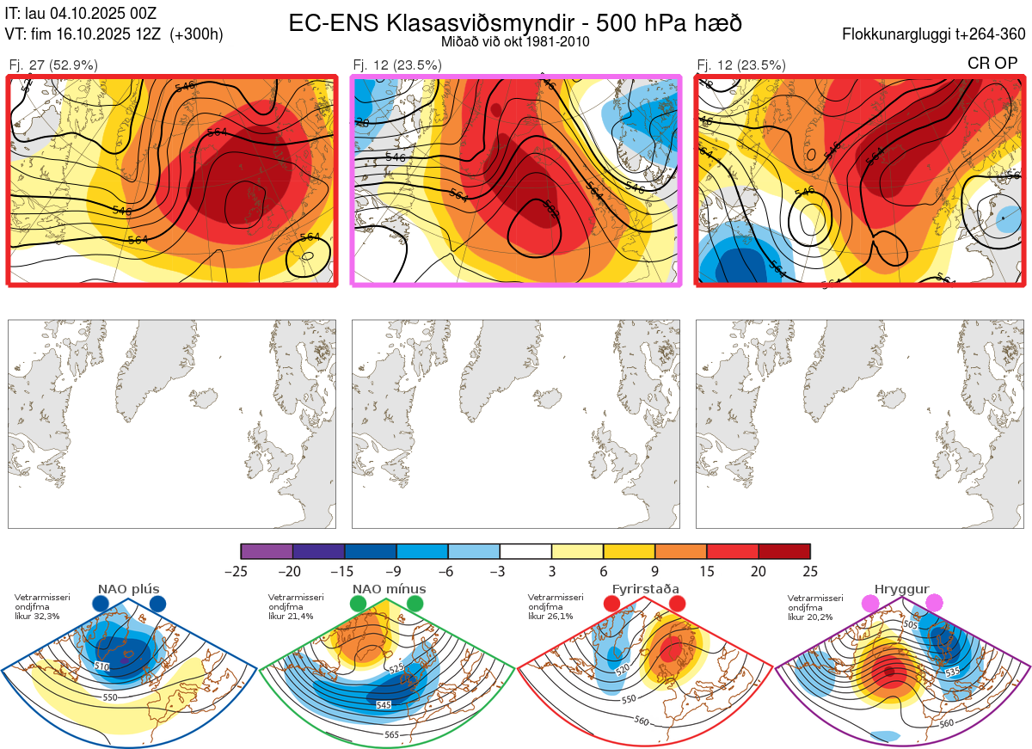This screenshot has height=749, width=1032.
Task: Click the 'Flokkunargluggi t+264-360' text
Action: (x=937, y=34)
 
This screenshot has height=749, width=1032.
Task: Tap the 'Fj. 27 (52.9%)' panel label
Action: (x=53, y=64)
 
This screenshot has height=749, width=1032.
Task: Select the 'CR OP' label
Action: (x=992, y=64)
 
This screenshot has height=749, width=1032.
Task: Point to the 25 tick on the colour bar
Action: (x=809, y=570)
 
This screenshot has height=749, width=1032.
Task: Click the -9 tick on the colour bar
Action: (x=396, y=570)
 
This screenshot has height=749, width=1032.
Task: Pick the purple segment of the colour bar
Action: (x=267, y=551)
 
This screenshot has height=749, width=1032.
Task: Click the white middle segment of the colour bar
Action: (x=525, y=551)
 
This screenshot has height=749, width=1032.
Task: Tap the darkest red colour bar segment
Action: (x=784, y=551)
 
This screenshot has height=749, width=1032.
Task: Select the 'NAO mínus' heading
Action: (x=389, y=589)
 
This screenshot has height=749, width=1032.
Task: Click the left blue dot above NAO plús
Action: (x=100, y=605)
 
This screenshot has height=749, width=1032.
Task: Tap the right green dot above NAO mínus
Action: (x=415, y=605)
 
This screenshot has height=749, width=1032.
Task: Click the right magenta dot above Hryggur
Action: (x=934, y=605)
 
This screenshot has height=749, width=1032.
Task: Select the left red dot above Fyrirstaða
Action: (x=612, y=605)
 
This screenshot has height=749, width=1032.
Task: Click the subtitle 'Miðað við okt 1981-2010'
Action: (x=514, y=41)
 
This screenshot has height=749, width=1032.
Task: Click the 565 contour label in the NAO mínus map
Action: (x=391, y=734)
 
